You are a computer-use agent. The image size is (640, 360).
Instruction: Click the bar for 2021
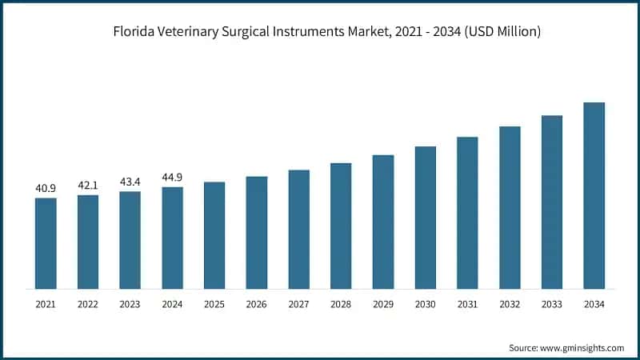tap(46, 243)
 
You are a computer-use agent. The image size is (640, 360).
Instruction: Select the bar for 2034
tap(594, 195)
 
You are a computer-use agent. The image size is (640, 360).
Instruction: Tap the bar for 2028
tap(341, 226)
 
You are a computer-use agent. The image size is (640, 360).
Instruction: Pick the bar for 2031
tap(467, 213)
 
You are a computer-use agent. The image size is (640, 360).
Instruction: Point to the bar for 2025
tap(214, 235)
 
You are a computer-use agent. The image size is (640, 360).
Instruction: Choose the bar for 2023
tap(130, 240)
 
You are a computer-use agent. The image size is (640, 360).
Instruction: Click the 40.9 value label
tap(46, 189)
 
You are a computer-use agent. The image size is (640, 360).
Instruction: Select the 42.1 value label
tap(88, 186)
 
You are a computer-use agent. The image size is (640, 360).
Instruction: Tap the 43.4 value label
tap(130, 182)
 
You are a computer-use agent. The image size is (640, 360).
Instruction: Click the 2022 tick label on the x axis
tap(88, 305)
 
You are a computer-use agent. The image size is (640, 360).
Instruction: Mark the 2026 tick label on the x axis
tap(256, 305)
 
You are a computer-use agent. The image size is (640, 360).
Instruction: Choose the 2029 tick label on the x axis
tap(383, 305)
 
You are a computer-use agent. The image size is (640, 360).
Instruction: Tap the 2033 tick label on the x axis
tap(552, 305)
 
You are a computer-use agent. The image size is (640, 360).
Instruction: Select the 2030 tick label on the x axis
tap(425, 305)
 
